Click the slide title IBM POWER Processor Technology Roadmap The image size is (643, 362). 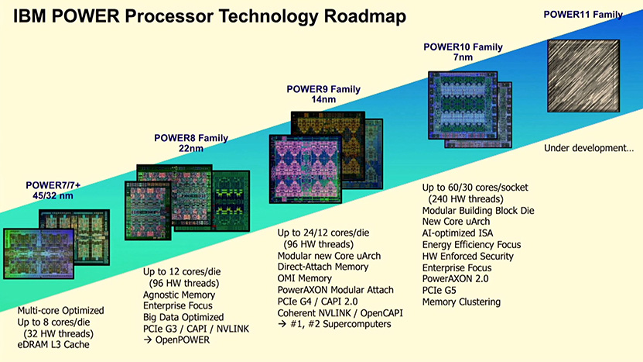[210, 17]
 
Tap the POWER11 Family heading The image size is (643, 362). [583, 15]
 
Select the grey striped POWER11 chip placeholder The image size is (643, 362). [583, 76]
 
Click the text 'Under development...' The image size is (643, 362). [589, 148]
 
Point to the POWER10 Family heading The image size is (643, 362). [463, 47]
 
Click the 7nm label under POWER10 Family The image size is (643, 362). [463, 57]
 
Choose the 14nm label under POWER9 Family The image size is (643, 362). [323, 99]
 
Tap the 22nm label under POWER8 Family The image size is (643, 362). [191, 148]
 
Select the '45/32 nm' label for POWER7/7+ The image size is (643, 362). [53, 195]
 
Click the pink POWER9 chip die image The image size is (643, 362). [306, 169]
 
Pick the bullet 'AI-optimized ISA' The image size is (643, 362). [457, 233]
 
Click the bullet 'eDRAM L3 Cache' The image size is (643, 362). [53, 345]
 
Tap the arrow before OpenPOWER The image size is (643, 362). [148, 340]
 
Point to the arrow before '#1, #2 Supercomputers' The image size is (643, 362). [282, 324]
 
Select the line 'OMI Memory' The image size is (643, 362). [305, 278]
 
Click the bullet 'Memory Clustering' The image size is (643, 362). [461, 302]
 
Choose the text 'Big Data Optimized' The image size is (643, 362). [183, 317]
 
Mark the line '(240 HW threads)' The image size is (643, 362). [466, 199]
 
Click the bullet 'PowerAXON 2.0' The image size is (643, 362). [455, 279]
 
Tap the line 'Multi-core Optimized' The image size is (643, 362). [60, 311]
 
